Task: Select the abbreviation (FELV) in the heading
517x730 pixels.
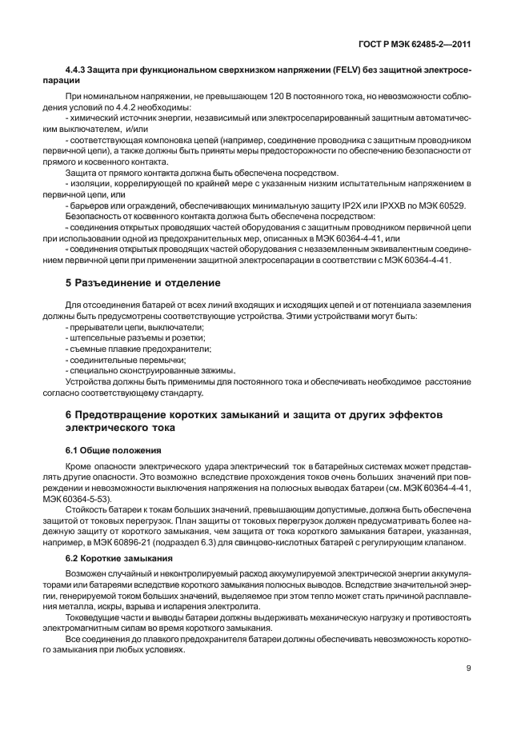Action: pyautogui.click(x=331, y=71)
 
